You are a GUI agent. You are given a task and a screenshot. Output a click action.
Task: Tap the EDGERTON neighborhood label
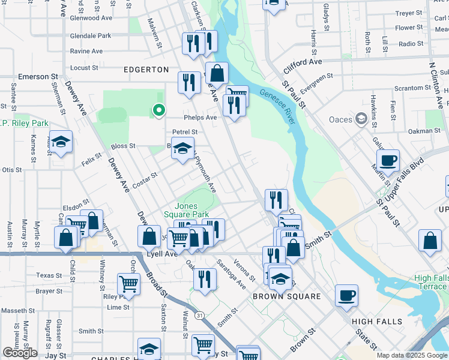click(x=146, y=70)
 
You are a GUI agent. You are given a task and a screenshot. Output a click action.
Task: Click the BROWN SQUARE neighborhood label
click(x=286, y=297)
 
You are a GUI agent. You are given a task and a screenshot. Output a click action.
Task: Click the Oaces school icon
click(x=361, y=119)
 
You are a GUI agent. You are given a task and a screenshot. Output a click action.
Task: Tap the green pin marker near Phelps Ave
click(x=158, y=110)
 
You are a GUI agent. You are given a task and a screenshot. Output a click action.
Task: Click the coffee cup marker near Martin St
click(x=388, y=160)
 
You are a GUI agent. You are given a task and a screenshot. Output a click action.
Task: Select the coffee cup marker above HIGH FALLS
click(x=346, y=295)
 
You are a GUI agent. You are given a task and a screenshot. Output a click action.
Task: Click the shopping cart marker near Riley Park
click(x=128, y=283)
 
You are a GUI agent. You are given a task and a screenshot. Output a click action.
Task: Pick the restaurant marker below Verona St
click(x=205, y=279)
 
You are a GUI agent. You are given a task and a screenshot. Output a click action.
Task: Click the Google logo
click(x=19, y=353)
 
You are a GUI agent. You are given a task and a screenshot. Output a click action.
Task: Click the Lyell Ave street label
click(x=162, y=254)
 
